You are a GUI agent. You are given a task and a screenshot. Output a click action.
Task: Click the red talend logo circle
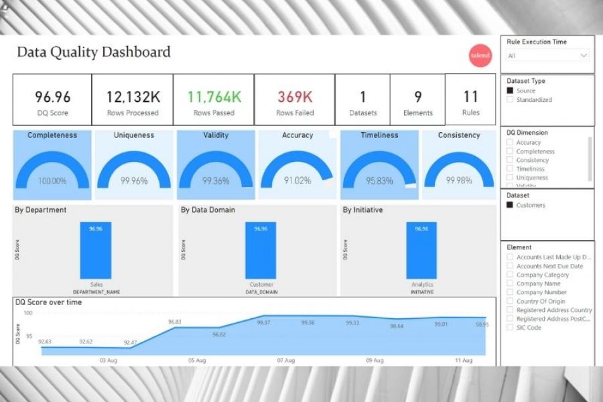pyautogui.click(x=480, y=56)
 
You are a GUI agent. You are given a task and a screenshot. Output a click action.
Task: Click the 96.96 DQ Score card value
pyautogui.click(x=52, y=97)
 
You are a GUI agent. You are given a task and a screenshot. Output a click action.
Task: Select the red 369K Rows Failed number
pyautogui.click(x=295, y=97)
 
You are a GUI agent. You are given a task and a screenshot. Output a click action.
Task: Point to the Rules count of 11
pyautogui.click(x=470, y=96)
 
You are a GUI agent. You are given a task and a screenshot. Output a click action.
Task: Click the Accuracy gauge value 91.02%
pyautogui.click(x=297, y=181)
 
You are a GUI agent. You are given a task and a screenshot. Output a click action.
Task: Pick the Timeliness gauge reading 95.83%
pyautogui.click(x=379, y=181)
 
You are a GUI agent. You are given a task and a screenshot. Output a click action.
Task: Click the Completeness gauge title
pyautogui.click(x=52, y=135)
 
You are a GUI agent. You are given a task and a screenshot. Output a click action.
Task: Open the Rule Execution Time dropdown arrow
pyautogui.click(x=583, y=56)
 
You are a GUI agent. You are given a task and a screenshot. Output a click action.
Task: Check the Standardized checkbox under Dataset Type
pyautogui.click(x=511, y=100)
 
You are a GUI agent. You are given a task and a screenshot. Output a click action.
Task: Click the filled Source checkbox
pyautogui.click(x=511, y=90)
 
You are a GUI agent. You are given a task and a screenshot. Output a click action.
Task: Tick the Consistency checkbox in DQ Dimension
pyautogui.click(x=511, y=160)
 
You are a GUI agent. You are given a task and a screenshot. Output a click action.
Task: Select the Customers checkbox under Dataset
pyautogui.click(x=511, y=205)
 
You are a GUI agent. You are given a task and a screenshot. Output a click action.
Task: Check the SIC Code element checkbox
pyautogui.click(x=511, y=328)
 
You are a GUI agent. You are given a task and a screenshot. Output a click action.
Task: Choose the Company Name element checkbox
pyautogui.click(x=511, y=283)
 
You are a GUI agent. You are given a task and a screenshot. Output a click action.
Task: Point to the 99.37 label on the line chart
pyautogui.click(x=263, y=323)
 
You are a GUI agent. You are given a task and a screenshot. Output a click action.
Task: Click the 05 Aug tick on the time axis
pyautogui.click(x=197, y=360)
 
